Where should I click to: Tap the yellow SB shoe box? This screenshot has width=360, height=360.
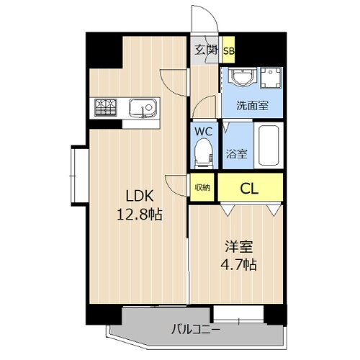[228, 50]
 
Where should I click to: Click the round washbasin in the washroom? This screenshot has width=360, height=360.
[238, 78]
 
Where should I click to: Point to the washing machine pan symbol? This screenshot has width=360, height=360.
[271, 78]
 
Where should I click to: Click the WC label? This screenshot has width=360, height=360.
[203, 132]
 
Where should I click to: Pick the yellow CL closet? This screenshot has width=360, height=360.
[250, 189]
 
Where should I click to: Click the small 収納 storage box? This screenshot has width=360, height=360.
[202, 188]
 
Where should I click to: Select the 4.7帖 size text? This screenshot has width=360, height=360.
[239, 264]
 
